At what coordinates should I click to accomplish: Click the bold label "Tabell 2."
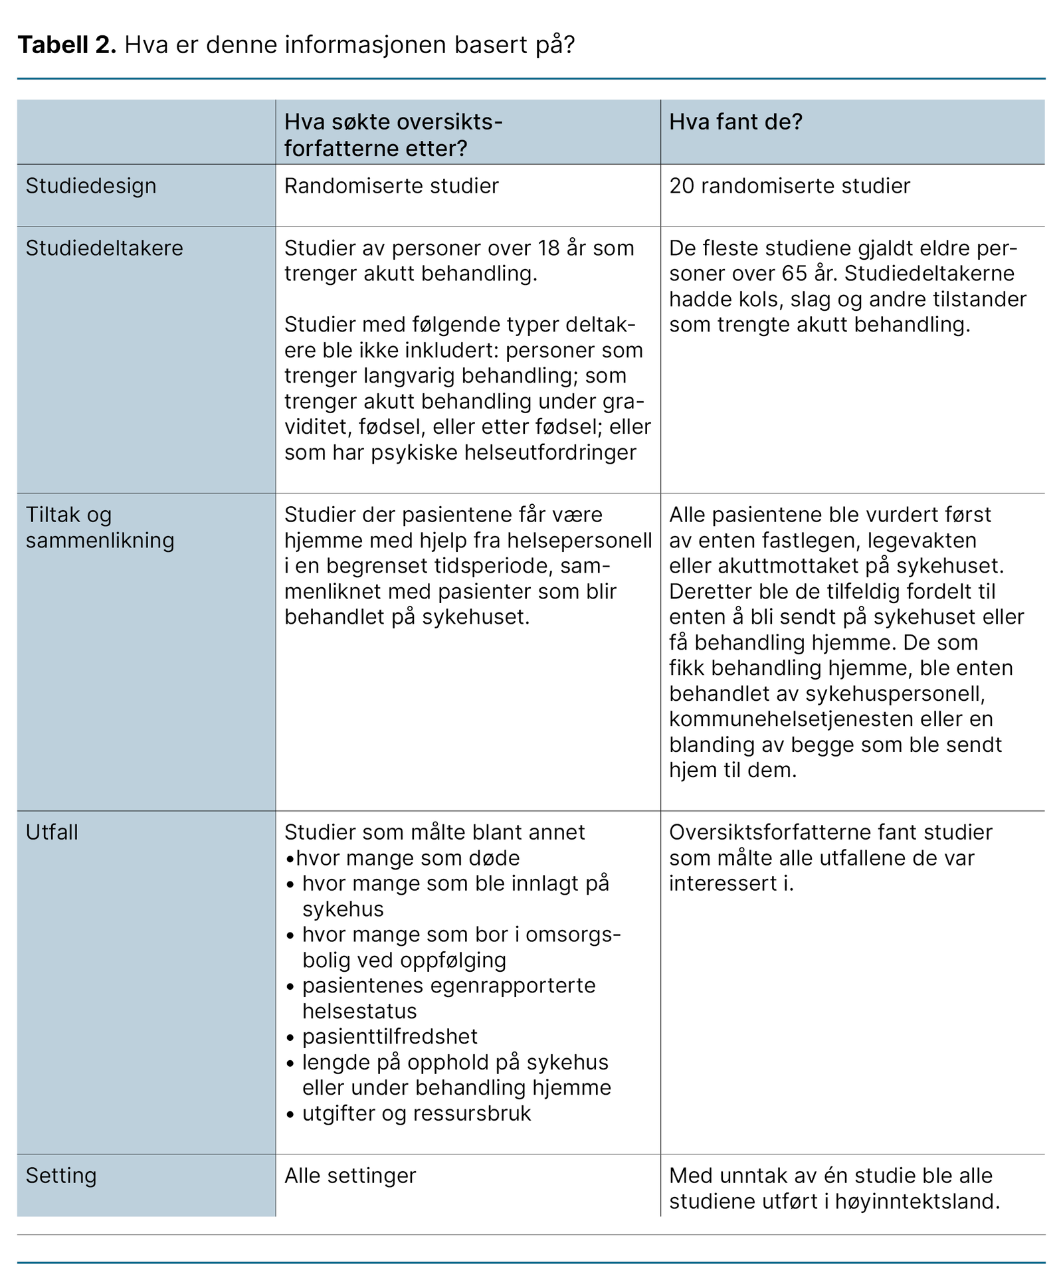point(67,45)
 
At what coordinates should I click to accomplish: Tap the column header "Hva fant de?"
point(735,122)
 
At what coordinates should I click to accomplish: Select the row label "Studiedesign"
point(91,186)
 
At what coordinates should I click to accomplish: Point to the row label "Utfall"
point(52,832)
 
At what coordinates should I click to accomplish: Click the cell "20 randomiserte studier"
point(789,186)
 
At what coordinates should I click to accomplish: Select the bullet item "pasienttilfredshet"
point(390,1037)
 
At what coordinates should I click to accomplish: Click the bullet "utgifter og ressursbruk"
point(417,1113)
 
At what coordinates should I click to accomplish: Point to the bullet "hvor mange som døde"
point(408,858)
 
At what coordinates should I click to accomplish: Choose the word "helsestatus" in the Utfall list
point(359,1012)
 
